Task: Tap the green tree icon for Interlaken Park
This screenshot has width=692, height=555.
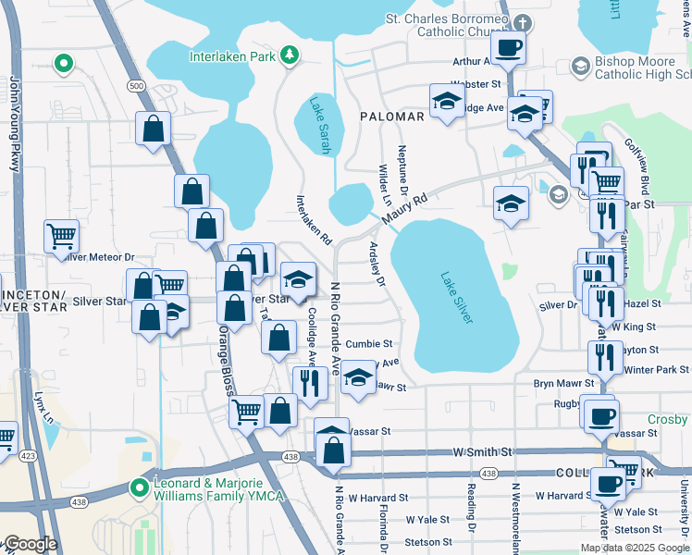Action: [x=290, y=55]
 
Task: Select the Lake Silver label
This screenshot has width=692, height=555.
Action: [x=456, y=297]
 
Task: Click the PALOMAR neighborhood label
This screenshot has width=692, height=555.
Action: [x=392, y=117]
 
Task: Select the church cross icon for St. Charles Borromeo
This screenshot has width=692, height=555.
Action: [x=522, y=22]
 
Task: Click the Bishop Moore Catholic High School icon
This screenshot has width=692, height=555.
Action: [x=580, y=66]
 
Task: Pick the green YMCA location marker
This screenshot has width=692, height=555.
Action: [x=140, y=487]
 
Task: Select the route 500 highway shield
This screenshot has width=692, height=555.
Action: [x=137, y=86]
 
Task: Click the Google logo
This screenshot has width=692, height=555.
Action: [x=30, y=544]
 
